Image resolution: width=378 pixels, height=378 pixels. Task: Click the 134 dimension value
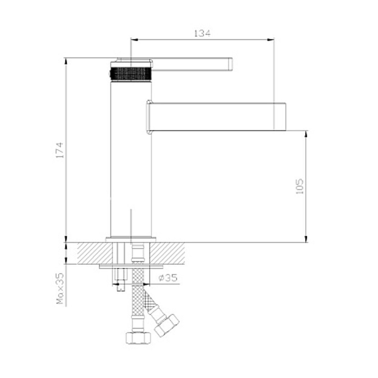pyautogui.click(x=202, y=33)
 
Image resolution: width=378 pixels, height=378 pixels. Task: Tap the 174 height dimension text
pyautogui.click(x=60, y=150)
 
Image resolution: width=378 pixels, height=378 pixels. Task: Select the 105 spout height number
pyautogui.click(x=299, y=186)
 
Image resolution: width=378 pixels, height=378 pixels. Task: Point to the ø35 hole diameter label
pyautogui.click(x=168, y=278)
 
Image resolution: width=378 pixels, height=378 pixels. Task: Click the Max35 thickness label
pyautogui.click(x=60, y=288)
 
